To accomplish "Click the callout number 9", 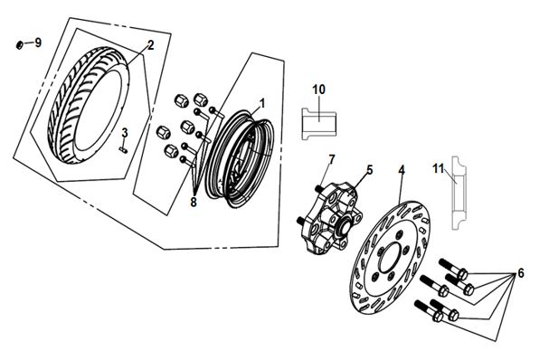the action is tap(38, 43).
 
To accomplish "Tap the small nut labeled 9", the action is tap(20, 45).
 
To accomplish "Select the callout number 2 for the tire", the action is tap(150, 45).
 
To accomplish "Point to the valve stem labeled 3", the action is tap(123, 150).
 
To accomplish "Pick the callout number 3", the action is tap(125, 133).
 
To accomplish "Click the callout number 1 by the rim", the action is tap(262, 103).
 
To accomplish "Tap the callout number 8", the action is tap(194, 202).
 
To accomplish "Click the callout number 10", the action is tap(318, 90).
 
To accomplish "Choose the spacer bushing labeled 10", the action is tap(319, 124).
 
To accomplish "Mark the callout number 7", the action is tap(331, 159).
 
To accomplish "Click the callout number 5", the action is tap(370, 170).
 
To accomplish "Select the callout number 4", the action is tap(402, 170).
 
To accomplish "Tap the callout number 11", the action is tap(438, 168).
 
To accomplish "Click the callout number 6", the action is tap(521, 273).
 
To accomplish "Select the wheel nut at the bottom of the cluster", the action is tap(170, 150).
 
